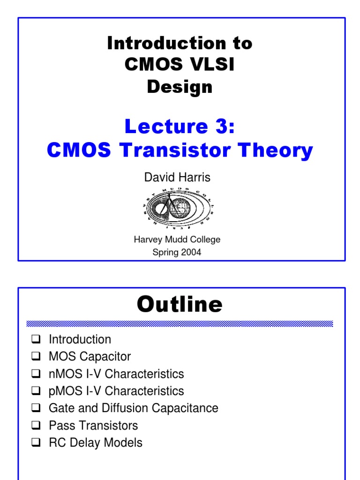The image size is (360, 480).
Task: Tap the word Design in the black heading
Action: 180,87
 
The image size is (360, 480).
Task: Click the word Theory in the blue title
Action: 276,151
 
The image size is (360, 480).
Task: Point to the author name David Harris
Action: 177,177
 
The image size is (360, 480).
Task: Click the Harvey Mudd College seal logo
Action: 179,208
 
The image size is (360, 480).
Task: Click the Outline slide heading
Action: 180,304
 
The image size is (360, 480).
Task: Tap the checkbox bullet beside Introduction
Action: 36,339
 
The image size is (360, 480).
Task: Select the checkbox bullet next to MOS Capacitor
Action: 36,356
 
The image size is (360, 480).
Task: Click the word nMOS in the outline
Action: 66,374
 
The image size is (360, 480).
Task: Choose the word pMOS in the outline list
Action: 66,391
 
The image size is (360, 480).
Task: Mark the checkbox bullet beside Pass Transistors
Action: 36,425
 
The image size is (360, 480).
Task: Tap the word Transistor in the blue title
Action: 175,150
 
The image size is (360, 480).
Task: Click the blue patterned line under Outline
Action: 180,323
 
